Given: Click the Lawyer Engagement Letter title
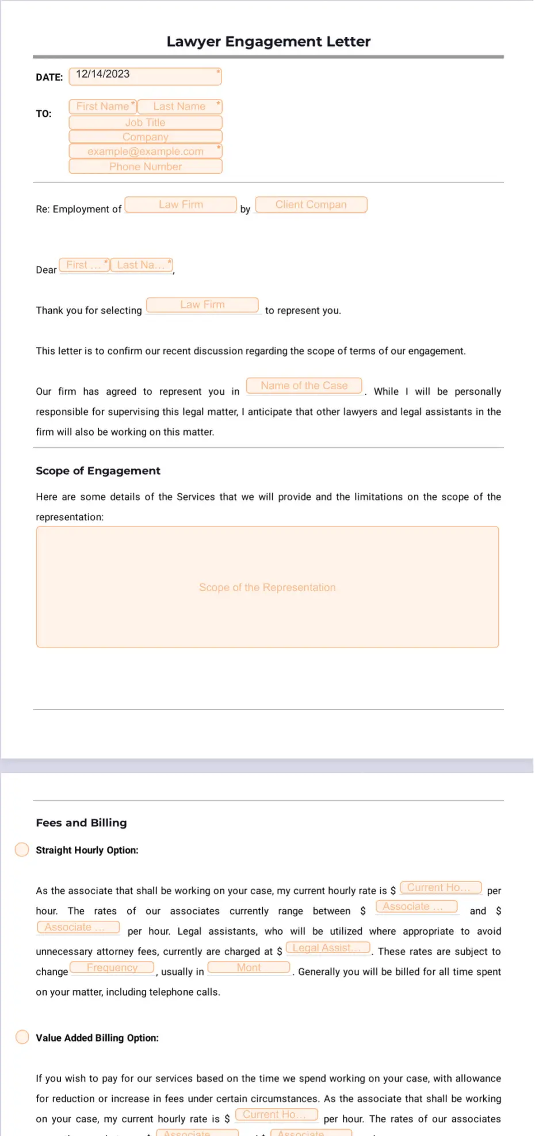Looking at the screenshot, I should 268,41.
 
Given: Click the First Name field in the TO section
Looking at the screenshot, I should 103,106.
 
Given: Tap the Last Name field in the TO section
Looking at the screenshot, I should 179,106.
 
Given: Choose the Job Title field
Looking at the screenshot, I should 145,123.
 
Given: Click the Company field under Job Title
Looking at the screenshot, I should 145,137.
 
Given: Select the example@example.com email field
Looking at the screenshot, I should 145,151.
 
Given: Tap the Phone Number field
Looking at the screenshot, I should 145,166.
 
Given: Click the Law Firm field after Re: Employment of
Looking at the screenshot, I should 181,205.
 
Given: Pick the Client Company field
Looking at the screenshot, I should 311,205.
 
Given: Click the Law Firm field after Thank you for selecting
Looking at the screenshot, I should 202,305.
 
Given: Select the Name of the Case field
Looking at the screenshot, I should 304,386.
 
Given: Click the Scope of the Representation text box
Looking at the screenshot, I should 267,587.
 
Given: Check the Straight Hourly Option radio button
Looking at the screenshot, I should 22,850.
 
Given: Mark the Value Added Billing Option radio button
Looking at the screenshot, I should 22,1037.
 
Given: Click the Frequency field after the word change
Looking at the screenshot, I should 112,968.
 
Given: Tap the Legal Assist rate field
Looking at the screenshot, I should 328,948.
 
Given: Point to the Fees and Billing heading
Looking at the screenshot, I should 81,823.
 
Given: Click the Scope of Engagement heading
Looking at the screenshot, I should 98,471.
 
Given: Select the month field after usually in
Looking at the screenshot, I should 249,968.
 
